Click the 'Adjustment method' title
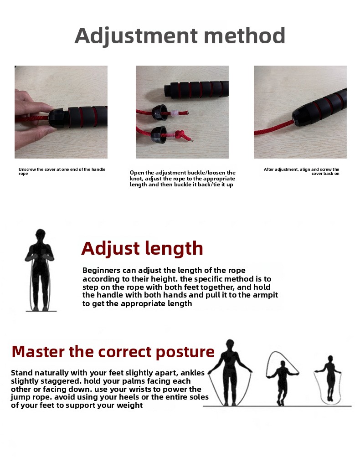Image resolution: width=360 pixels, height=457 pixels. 180,36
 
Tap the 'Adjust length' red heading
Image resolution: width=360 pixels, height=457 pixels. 142,249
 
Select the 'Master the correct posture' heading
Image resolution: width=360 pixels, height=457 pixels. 113,351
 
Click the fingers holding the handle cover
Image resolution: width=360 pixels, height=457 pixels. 32,117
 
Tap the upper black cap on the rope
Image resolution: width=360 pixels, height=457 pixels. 159,113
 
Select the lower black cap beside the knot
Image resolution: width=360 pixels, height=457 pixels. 159,135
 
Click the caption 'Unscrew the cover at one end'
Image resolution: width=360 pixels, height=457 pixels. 62,171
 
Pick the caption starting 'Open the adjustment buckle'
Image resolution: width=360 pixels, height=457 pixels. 182,178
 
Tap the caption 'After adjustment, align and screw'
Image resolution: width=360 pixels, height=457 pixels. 301,171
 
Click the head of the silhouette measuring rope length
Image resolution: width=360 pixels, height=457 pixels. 41,235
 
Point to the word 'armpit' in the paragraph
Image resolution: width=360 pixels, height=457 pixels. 265,295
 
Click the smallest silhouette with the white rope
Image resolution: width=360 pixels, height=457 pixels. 329,380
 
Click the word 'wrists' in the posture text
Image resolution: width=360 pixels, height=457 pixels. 143,390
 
